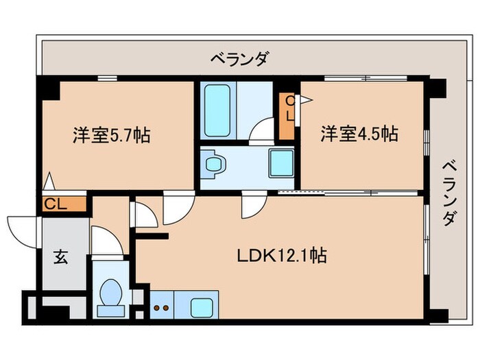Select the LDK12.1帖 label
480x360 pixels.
pyautogui.click(x=282, y=257)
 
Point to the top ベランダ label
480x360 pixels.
pyautogui.click(x=239, y=60)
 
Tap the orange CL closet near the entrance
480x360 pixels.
pyautogui.click(x=63, y=204)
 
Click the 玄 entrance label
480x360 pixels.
pyautogui.click(x=60, y=258)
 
